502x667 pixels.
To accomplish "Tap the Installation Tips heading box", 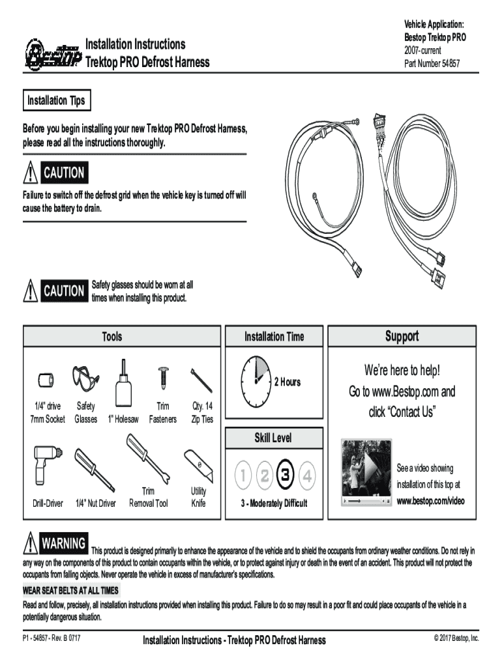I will pos(56,101).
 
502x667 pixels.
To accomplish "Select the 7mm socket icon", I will pos(47,379).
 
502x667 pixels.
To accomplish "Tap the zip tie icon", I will pos(201,380).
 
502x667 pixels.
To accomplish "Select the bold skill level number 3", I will pos(286,477).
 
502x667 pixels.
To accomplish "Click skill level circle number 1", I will pos(243,477).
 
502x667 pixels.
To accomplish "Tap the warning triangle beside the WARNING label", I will pos(30,543).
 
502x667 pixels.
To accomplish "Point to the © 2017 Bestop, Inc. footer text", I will pos(456,638).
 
